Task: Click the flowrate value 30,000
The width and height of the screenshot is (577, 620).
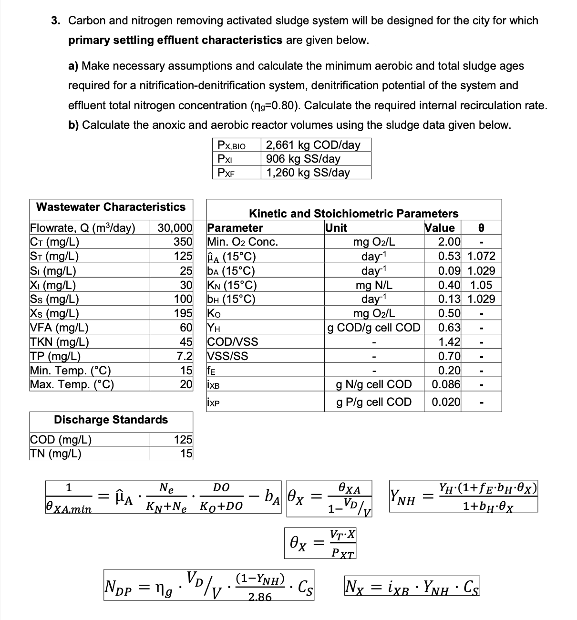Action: tap(175, 227)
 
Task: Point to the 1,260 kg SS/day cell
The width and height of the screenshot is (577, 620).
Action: tap(308, 173)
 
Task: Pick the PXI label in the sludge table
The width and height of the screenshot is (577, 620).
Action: tap(225, 159)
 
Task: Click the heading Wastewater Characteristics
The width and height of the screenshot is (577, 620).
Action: tap(111, 207)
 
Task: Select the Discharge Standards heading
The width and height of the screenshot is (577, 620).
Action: tap(111, 420)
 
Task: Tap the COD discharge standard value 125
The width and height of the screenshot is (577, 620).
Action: tap(183, 439)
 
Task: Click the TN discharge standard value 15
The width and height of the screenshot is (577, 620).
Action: tap(186, 453)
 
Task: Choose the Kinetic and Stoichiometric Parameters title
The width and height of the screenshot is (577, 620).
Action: tap(353, 214)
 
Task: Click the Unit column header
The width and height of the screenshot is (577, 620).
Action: tap(336, 228)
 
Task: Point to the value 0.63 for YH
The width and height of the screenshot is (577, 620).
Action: tap(449, 328)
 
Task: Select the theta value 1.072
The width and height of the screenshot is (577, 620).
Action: tap(482, 256)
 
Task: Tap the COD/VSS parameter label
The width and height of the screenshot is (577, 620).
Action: tap(233, 342)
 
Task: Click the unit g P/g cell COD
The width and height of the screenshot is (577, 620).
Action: tap(374, 402)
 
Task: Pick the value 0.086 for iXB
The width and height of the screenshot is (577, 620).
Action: tap(446, 384)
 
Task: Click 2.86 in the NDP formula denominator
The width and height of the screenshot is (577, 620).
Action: tap(260, 597)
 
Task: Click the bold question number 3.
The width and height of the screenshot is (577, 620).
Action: tap(56, 21)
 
